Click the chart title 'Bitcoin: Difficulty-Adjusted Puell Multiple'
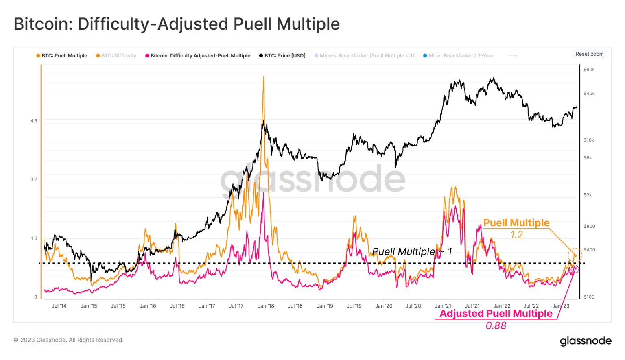coord(177,24)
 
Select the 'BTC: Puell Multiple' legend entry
coord(64,56)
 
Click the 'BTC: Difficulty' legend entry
coord(118,56)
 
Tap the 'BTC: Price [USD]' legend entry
coord(284,56)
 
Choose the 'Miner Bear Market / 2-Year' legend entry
coord(461,56)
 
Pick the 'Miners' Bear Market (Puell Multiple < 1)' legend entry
coord(366,56)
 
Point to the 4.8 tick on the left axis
coord(34,121)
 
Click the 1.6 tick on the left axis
coord(34,239)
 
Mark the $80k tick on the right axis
coord(589,70)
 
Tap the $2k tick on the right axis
coord(588,195)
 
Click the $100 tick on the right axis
coord(589,297)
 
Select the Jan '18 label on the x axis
coord(266,306)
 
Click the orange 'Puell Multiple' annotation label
coord(516,223)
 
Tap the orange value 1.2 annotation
coord(516,235)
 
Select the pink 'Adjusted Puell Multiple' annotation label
coord(496,314)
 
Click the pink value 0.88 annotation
coord(496,326)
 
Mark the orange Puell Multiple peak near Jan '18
coord(264,77)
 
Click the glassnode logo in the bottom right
coord(585,341)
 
